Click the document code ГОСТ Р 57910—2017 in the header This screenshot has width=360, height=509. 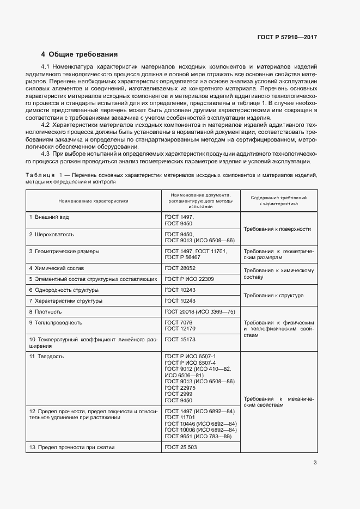286,38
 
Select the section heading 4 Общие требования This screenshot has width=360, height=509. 80,54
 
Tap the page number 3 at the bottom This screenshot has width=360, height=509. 315,463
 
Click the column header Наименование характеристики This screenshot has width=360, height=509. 94,200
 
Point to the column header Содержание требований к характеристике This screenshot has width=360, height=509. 278,200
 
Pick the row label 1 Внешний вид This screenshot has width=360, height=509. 49,217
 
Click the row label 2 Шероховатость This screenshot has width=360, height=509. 52,234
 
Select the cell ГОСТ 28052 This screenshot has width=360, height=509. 180,268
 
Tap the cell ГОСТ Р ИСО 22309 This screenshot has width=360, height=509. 189,279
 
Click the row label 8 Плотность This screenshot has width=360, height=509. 46,312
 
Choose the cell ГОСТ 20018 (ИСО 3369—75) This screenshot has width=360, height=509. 199,312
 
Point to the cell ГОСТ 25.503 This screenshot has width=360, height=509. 181,447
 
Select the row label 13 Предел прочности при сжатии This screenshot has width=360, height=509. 71,447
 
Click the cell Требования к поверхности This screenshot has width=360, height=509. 277,229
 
